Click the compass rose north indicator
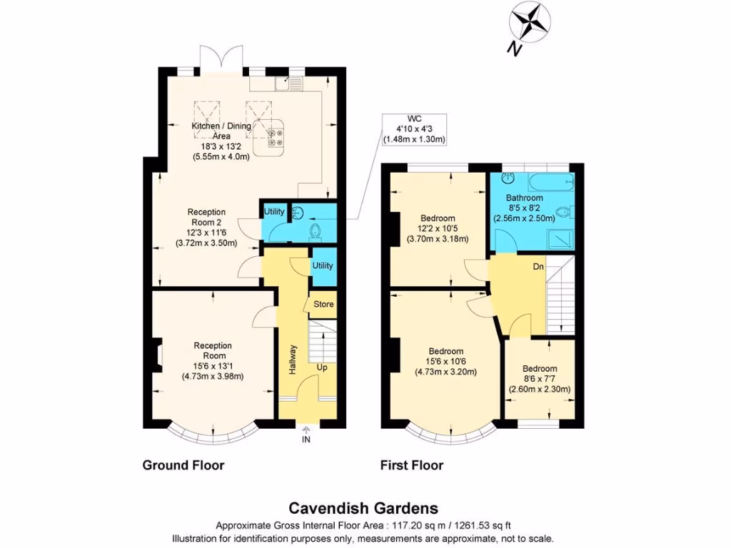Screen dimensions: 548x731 529,24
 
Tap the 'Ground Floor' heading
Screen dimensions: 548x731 183,465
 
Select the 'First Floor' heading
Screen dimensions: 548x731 411,465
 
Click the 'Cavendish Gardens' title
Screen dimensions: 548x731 363,509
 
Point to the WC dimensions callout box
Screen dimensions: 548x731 413,129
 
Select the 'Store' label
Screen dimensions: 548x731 324,305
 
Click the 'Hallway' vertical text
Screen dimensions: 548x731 293,360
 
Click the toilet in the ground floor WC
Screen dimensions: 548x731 315,230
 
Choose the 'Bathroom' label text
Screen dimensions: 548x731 525,198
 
